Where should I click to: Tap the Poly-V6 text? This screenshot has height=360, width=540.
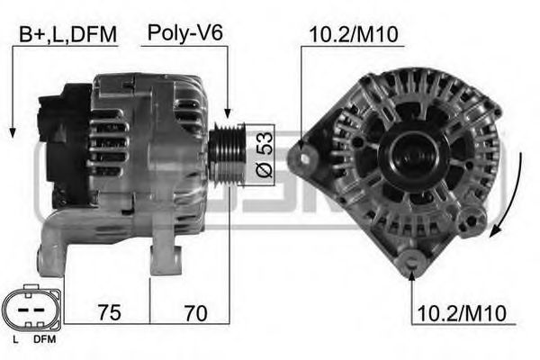(x=185, y=34)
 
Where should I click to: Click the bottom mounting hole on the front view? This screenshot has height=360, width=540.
(x=412, y=263)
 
